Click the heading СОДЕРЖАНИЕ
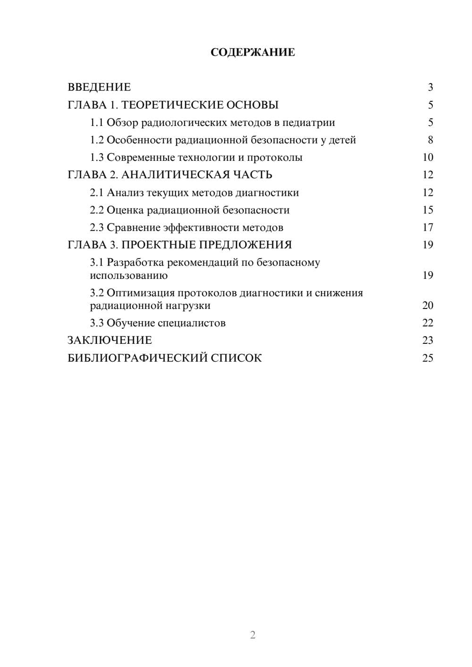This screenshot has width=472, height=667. tap(253, 52)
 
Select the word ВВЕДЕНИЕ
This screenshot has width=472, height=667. tap(99, 87)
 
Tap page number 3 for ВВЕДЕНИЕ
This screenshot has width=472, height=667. tap(430, 87)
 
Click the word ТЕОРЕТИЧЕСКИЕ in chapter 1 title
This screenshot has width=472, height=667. tap(170, 105)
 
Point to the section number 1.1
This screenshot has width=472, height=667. tap(97, 123)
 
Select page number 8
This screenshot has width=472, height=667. tap(430, 140)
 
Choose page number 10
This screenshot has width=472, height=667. tap(428, 158)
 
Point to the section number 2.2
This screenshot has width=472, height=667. tap(97, 210)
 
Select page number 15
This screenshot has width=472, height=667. tap(428, 210)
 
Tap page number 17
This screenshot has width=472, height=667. tap(428, 227)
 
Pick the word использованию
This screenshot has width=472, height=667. tap(128, 275)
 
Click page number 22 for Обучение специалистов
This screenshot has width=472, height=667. tap(428, 323)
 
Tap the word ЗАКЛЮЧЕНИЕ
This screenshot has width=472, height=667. tap(110, 341)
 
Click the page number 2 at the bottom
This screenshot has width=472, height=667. tap(253, 635)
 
